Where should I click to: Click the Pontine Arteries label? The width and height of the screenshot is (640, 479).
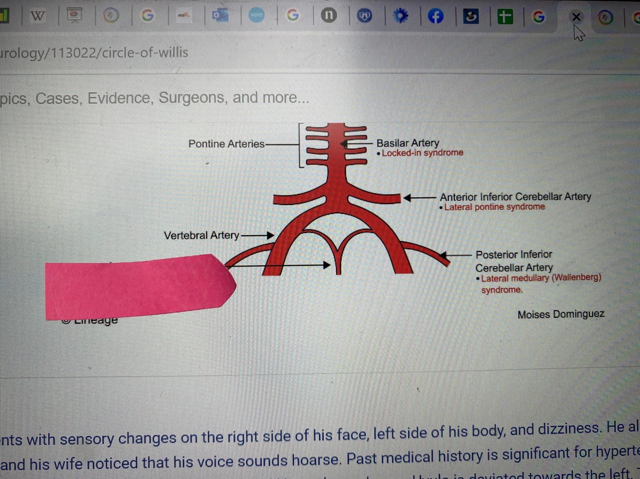pyautogui.click(x=226, y=144)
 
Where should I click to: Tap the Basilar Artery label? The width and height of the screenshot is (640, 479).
pyautogui.click(x=407, y=143)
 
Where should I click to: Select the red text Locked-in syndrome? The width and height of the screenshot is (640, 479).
pyautogui.click(x=422, y=153)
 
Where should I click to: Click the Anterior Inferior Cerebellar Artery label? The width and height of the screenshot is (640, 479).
pyautogui.click(x=515, y=197)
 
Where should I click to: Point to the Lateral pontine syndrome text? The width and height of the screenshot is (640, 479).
pyautogui.click(x=494, y=207)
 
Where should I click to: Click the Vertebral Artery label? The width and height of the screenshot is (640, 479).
pyautogui.click(x=201, y=235)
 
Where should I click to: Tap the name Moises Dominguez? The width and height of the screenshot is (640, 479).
pyautogui.click(x=560, y=315)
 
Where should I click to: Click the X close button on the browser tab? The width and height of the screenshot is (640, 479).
pyautogui.click(x=576, y=17)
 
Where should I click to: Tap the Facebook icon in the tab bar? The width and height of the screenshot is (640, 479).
pyautogui.click(x=436, y=17)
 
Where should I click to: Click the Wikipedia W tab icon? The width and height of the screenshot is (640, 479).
pyautogui.click(x=37, y=16)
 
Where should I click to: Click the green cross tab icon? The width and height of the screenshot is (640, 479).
pyautogui.click(x=505, y=17)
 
